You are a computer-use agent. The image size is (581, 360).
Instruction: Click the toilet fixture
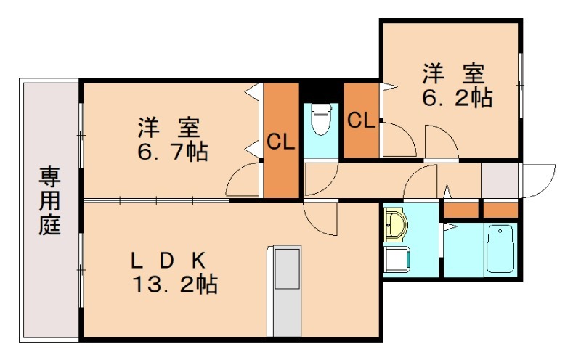point(320,121)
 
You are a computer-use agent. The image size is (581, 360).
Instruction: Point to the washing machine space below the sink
point(397,258)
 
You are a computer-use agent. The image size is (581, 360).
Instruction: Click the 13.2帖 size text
point(174,283)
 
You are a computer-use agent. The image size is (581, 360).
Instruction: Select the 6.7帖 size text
point(171,152)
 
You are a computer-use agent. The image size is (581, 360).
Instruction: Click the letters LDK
point(168,259)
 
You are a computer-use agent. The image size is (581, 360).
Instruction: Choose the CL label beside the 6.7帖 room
point(280,142)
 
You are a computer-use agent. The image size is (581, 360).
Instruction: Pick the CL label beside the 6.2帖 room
point(361,120)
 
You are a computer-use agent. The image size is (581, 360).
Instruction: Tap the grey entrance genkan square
point(500,181)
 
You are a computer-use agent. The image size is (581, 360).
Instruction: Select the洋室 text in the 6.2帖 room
point(454,74)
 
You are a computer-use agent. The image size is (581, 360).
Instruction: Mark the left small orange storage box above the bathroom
point(460,210)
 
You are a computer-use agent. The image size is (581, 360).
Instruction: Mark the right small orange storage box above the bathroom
point(500,210)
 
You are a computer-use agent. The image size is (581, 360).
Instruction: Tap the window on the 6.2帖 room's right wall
point(521,83)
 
